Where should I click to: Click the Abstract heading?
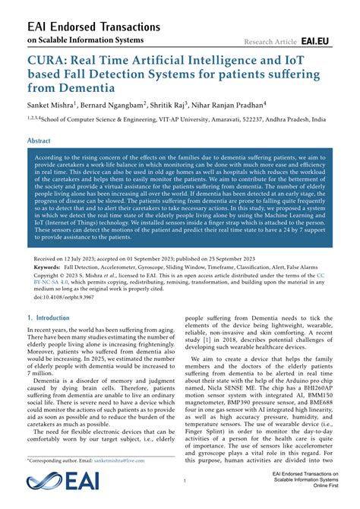(x=39, y=141)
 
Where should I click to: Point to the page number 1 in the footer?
(x=185, y=481)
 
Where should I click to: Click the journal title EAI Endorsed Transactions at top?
(x=93, y=27)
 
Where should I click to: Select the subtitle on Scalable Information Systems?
(x=84, y=40)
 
